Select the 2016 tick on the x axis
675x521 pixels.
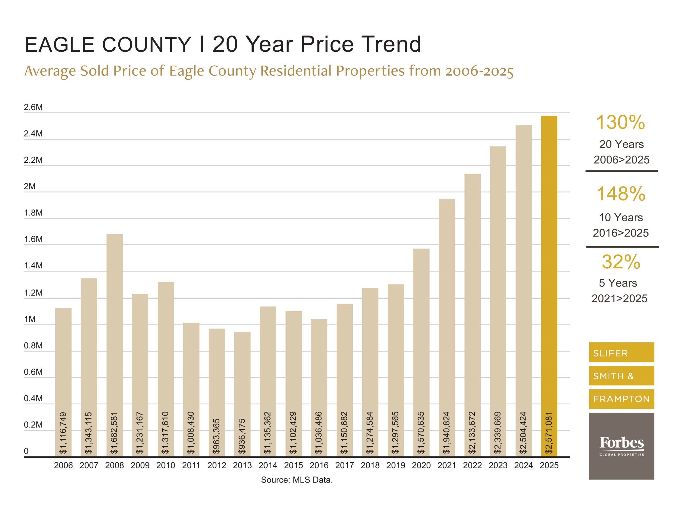[x=319, y=465]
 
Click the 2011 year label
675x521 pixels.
[x=191, y=465]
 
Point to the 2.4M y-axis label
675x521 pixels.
[x=33, y=134]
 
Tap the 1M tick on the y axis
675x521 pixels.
[x=30, y=319]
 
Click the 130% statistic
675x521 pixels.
[x=620, y=122]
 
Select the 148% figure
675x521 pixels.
[x=621, y=194]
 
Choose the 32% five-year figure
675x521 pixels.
[x=621, y=262]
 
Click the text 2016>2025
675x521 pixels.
[x=621, y=233]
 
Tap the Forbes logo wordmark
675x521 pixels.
[x=621, y=443]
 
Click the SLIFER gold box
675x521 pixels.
[x=621, y=352]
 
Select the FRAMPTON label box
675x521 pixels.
[x=621, y=399]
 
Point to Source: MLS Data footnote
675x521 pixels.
[x=297, y=480]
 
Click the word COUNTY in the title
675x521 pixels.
[x=146, y=45]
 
